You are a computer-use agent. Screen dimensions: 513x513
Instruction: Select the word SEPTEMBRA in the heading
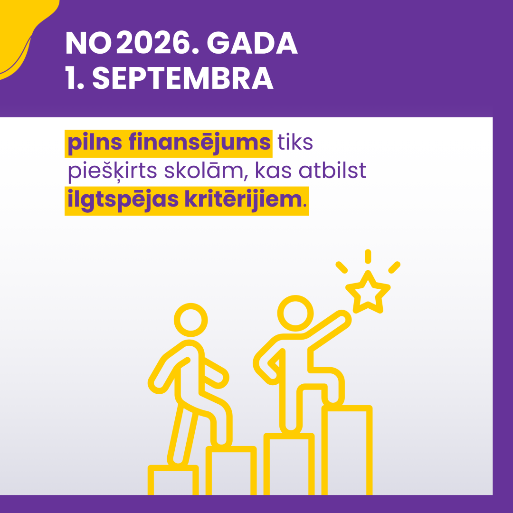point(183,79)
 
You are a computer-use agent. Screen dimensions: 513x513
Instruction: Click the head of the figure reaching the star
point(296,313)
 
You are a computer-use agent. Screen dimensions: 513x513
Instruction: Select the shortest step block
point(173,481)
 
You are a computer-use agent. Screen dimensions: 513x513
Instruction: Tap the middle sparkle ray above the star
point(367,256)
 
